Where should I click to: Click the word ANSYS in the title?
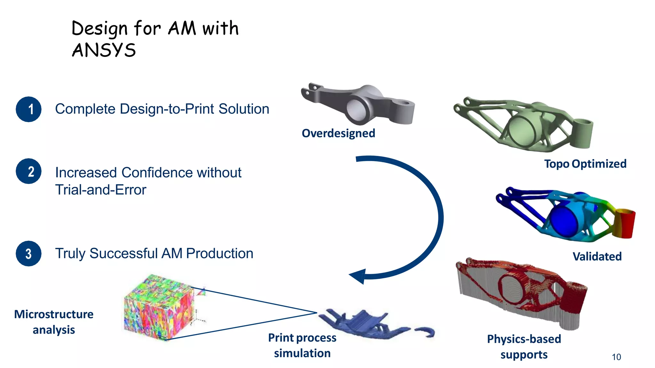[104, 50]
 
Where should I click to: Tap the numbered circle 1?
[28, 109]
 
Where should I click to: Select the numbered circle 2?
[28, 171]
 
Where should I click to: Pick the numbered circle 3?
[28, 254]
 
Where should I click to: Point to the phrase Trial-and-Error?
[100, 190]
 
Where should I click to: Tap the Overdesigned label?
[338, 133]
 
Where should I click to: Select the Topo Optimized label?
[585, 164]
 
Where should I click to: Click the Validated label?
[597, 257]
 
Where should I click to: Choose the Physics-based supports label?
[524, 347]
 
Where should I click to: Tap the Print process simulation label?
[302, 345]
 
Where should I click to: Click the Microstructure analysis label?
[54, 322]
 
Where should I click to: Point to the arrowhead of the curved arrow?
[358, 276]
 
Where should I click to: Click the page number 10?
[616, 357]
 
